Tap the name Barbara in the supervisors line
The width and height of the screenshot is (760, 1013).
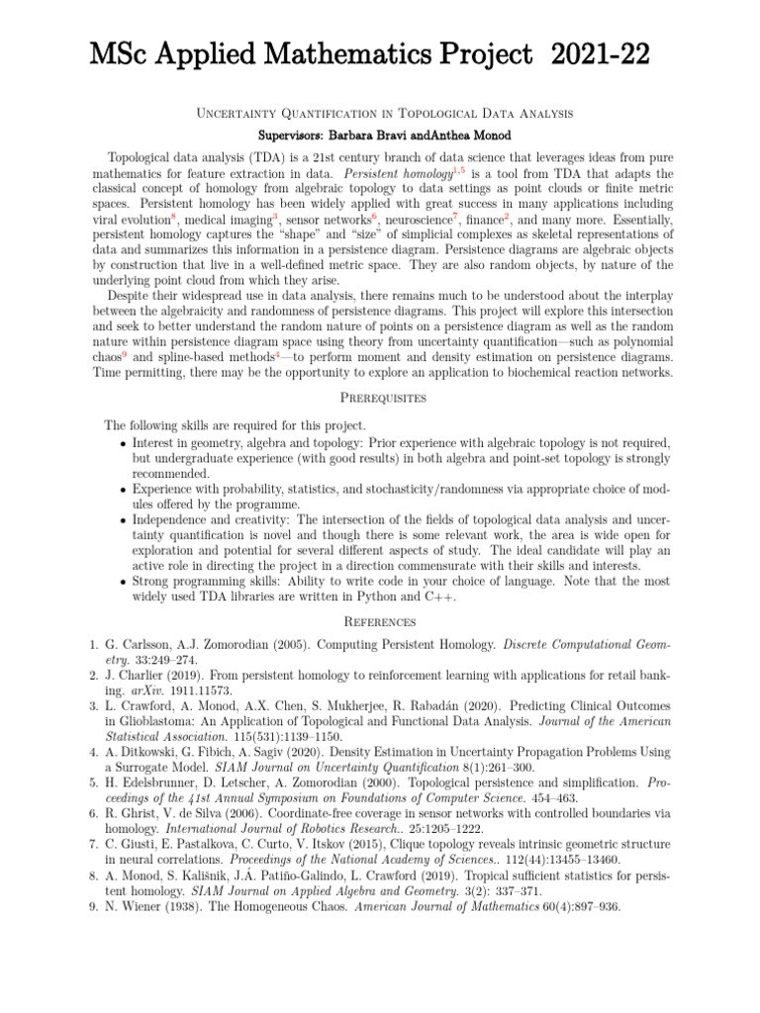click(x=343, y=133)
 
